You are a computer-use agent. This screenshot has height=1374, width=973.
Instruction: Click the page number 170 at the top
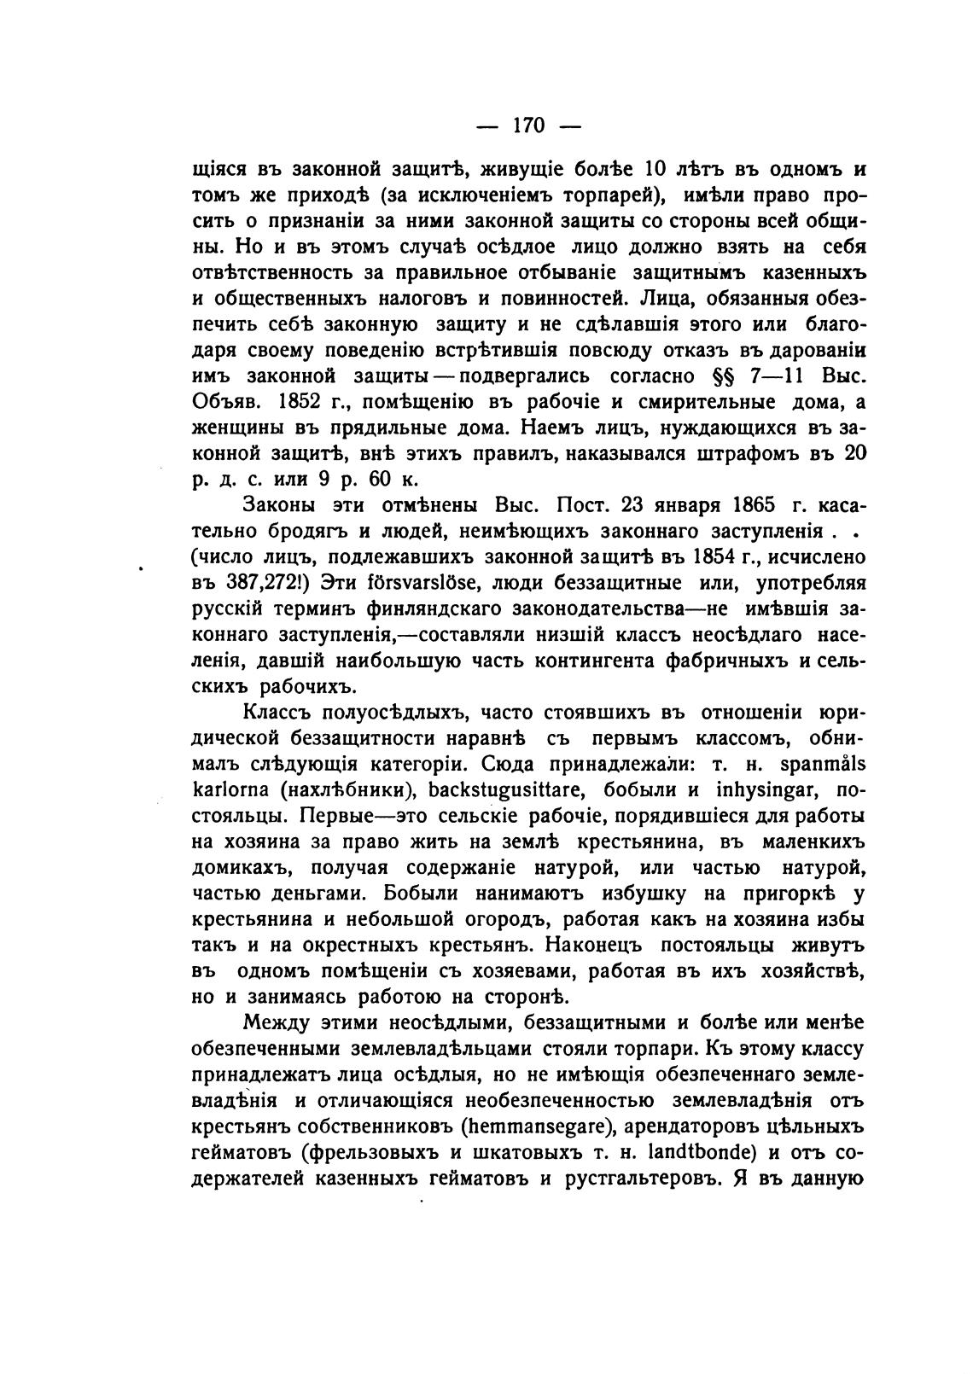tap(527, 125)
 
